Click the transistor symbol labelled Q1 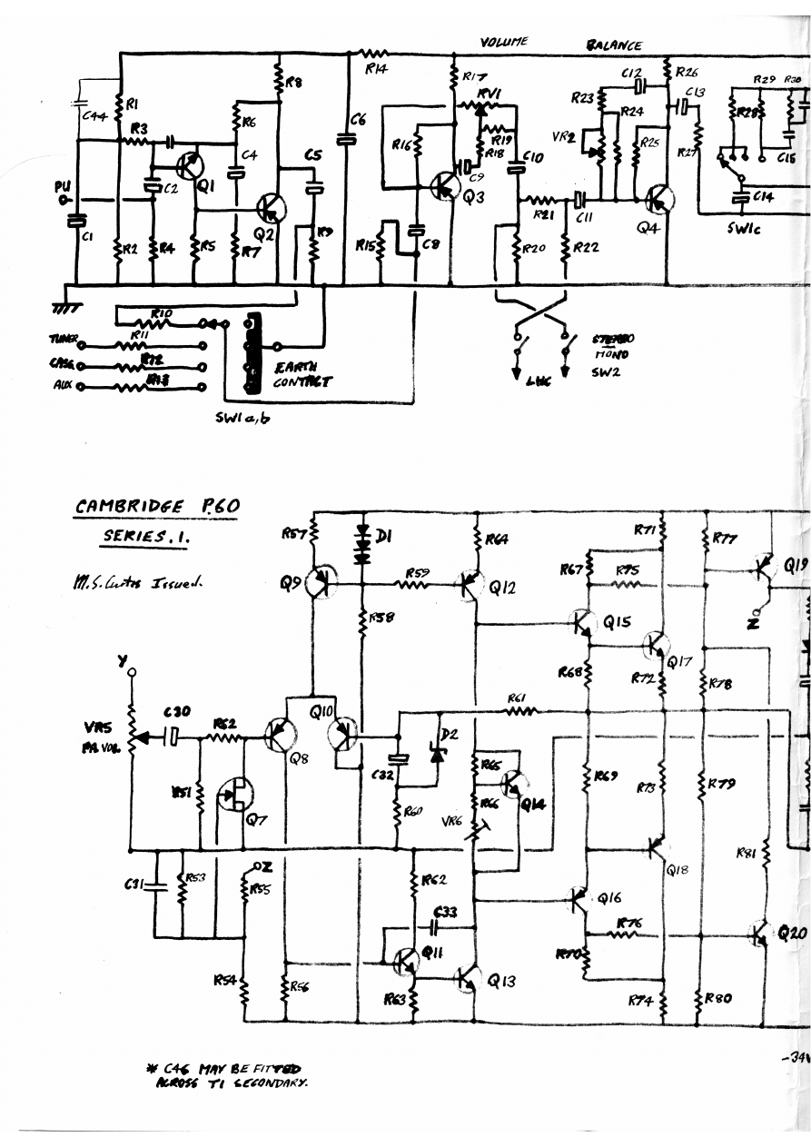(189, 165)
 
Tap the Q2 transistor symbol (270, 208)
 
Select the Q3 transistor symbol (444, 186)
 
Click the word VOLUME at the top (503, 42)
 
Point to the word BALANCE (614, 44)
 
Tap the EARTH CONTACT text (302, 375)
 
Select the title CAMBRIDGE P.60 (156, 507)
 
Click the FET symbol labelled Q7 (236, 796)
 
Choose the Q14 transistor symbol (514, 784)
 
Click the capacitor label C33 (445, 912)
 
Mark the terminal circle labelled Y (132, 673)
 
